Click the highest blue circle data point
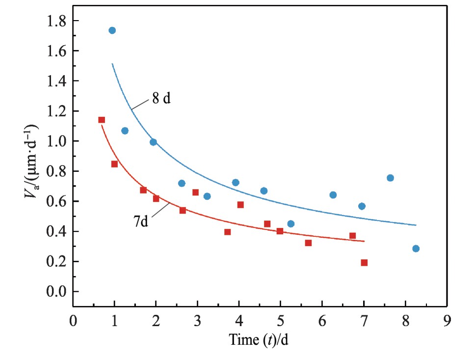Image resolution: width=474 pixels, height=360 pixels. (x=112, y=30)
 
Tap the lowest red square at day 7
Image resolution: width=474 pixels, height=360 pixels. (x=364, y=263)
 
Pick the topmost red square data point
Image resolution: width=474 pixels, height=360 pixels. (x=102, y=120)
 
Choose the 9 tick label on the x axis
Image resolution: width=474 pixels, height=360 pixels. (x=447, y=322)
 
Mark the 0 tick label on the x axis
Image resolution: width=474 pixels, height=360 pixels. (x=73, y=322)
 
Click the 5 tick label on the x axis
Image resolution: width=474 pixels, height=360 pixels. (x=280, y=322)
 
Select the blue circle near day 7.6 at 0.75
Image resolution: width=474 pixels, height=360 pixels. (x=390, y=178)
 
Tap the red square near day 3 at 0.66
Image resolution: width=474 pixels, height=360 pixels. (x=195, y=193)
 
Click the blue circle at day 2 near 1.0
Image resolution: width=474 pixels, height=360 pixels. (x=153, y=142)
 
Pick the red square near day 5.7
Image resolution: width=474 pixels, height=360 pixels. (x=308, y=243)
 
